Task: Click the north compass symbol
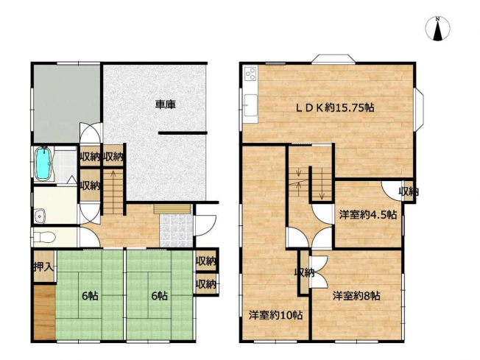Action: click(x=438, y=29)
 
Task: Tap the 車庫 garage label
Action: click(x=166, y=105)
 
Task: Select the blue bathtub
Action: click(x=43, y=163)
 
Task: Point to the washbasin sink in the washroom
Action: click(x=40, y=216)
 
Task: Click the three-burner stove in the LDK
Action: click(x=251, y=74)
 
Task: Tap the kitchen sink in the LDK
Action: click(x=251, y=105)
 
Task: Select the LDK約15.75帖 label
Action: click(x=334, y=107)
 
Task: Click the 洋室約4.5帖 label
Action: click(x=367, y=214)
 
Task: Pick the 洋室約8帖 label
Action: click(x=356, y=296)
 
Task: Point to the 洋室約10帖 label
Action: click(x=275, y=315)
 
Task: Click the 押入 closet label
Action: click(x=43, y=267)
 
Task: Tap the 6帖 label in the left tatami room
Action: click(x=90, y=296)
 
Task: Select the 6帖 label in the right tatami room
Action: click(x=160, y=296)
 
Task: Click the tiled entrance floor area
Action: click(x=177, y=230)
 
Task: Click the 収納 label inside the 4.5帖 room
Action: click(x=409, y=192)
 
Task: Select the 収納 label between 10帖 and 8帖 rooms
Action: click(x=304, y=272)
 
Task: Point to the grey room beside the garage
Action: click(x=67, y=104)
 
